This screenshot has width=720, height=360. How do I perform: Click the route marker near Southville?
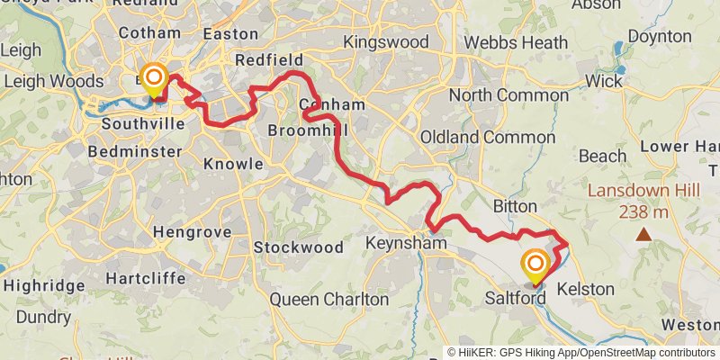[154, 77]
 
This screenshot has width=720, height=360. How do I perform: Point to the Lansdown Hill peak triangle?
[643, 235]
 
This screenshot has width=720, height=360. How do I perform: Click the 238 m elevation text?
[642, 212]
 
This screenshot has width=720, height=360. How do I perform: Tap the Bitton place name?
[515, 207]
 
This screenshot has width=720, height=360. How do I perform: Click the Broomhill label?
[307, 130]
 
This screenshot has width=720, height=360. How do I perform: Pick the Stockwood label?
[298, 247]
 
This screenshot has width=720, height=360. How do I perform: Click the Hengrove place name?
[192, 232]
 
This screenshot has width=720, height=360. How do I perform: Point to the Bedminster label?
[122, 152]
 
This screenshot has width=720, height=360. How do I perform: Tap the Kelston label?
[586, 290]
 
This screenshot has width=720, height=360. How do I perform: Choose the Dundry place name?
[42, 317]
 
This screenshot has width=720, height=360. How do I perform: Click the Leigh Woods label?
[53, 81]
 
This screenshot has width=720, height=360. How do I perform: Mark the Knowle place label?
[233, 164]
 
